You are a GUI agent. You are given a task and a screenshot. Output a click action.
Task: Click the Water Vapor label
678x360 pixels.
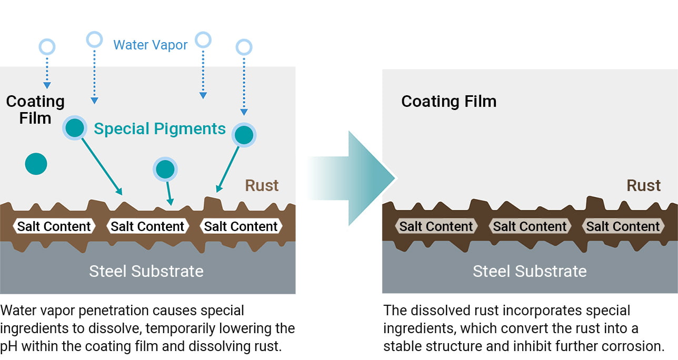pyautogui.click(x=150, y=45)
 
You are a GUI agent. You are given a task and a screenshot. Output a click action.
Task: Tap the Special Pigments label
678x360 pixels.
pyautogui.click(x=159, y=129)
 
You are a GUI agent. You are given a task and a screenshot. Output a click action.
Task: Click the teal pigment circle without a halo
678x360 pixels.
pyautogui.click(x=36, y=164)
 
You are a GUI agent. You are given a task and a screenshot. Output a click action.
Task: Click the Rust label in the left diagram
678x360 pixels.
pyautogui.click(x=262, y=186)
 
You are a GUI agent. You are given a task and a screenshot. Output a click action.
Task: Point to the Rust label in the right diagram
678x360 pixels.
pyautogui.click(x=643, y=186)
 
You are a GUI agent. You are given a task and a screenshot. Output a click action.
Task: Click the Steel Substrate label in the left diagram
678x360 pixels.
pyautogui.click(x=146, y=271)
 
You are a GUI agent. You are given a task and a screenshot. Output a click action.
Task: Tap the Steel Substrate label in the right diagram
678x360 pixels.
pyautogui.click(x=529, y=271)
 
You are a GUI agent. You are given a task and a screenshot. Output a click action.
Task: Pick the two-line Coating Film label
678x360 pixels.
pyautogui.click(x=35, y=109)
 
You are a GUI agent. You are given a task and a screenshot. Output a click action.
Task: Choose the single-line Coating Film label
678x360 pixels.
pyautogui.click(x=448, y=101)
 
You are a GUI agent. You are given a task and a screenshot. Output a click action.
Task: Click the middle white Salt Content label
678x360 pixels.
pyautogui.click(x=147, y=226)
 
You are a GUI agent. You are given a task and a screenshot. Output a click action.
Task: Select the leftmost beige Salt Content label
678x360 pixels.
pyautogui.click(x=436, y=226)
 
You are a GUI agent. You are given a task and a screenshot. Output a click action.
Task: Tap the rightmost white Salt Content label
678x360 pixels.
pyautogui.click(x=241, y=226)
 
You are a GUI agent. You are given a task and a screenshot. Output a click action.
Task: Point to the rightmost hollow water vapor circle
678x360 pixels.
pyautogui.click(x=244, y=47)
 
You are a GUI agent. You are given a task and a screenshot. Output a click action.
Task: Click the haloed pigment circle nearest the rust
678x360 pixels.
pyautogui.click(x=165, y=169)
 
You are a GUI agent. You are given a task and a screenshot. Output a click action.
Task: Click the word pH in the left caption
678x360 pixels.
pyautogui.click(x=10, y=347)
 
